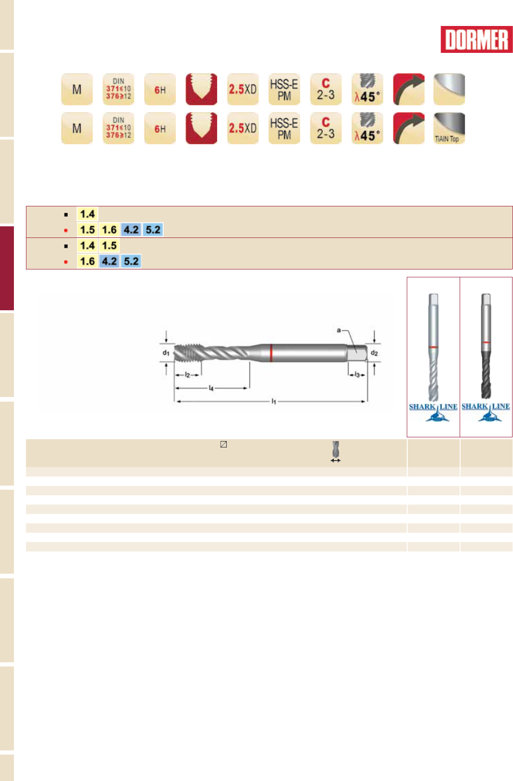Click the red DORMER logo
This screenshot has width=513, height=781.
point(476,39)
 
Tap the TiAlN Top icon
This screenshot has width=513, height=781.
point(449,128)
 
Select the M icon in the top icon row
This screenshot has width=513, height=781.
point(77,89)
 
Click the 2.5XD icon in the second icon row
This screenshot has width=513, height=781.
point(243,128)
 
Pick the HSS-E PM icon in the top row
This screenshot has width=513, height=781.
point(284,89)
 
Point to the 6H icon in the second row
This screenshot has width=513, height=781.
point(160,128)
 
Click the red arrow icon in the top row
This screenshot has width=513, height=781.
point(409,89)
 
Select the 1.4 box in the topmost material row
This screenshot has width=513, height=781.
point(87,214)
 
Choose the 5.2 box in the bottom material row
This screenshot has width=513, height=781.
point(131,261)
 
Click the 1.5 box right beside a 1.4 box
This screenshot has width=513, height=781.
point(109,245)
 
